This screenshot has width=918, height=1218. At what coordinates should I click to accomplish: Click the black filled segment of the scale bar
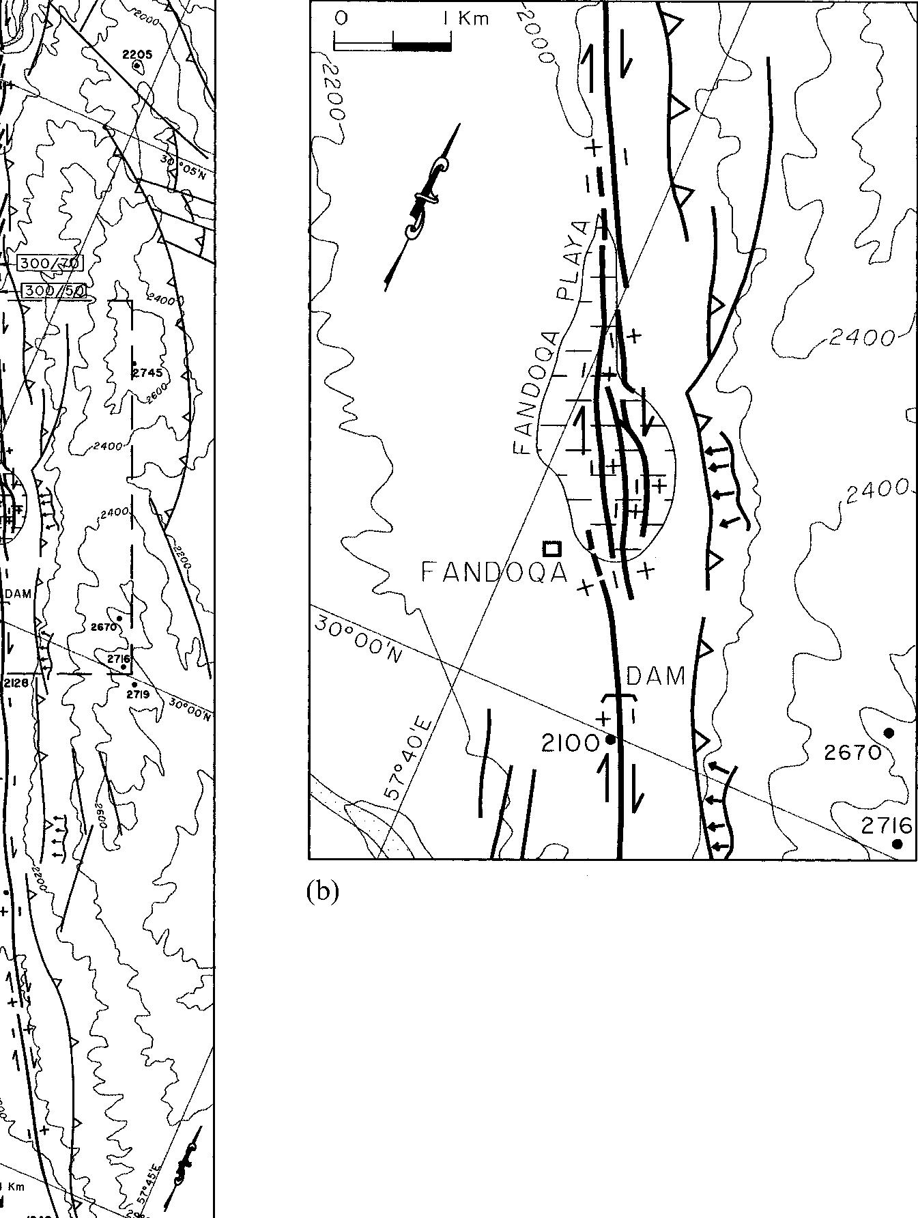[x=421, y=46]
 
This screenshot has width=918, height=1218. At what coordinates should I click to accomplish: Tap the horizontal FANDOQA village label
[x=494, y=572]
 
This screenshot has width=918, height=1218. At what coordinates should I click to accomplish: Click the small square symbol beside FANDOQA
[x=551, y=548]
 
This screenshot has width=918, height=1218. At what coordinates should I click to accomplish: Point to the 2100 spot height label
[x=570, y=743]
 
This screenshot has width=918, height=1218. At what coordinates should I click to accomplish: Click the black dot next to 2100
[x=611, y=739]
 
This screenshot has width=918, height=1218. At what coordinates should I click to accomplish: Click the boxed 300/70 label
[x=50, y=263]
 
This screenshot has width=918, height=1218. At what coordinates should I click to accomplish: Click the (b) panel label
[x=322, y=891]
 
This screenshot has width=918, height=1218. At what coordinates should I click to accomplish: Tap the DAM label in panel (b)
[x=655, y=676]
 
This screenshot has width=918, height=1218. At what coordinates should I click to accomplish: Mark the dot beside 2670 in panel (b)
[x=889, y=733]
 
